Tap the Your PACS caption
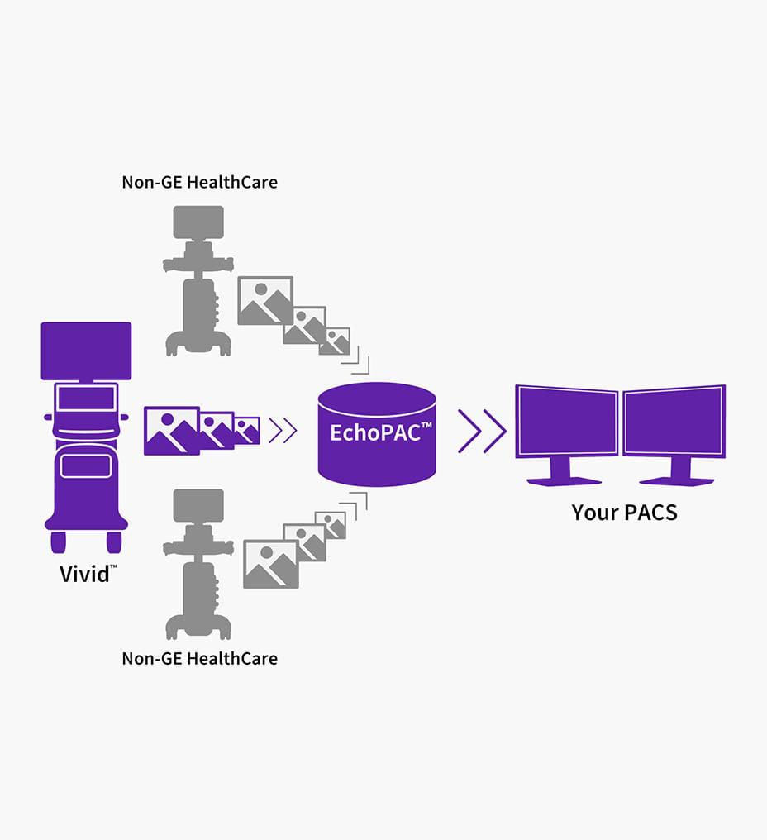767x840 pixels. pyautogui.click(x=624, y=513)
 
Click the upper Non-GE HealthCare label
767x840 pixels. pyautogui.click(x=199, y=182)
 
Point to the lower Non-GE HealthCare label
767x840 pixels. pyautogui.click(x=199, y=659)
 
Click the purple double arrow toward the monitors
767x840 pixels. pyautogui.click(x=482, y=431)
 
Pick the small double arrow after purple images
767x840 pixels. pyautogui.click(x=283, y=431)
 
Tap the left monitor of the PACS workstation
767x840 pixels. pyautogui.click(x=567, y=422)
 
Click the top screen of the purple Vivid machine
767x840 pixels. pyautogui.click(x=86, y=351)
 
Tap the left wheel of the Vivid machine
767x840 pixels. pyautogui.click(x=59, y=542)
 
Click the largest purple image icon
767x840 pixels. pyautogui.click(x=171, y=431)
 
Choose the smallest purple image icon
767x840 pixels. pyautogui.click(x=247, y=431)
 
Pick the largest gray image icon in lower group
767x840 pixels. pyautogui.click(x=270, y=564)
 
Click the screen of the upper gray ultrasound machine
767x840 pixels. pyautogui.click(x=198, y=221)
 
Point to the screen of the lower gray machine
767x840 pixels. pyautogui.click(x=198, y=504)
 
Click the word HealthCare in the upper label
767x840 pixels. pyautogui.click(x=233, y=182)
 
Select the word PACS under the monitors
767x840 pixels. pyautogui.click(x=650, y=513)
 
